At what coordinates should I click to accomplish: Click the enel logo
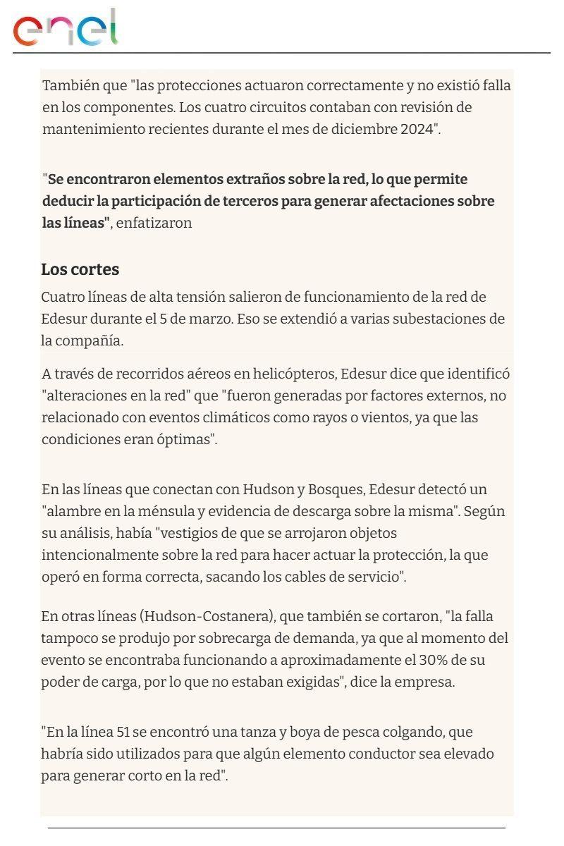pos(65,28)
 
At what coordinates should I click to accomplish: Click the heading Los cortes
pos(80,269)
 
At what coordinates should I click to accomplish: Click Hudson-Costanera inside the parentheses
pos(207,617)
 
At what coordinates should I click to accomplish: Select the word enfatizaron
pos(154,223)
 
